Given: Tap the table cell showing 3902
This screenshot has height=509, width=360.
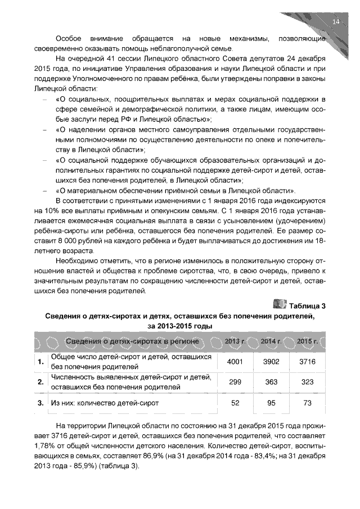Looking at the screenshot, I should coord(271,362).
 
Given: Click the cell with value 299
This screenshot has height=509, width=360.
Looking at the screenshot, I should coord(233,382).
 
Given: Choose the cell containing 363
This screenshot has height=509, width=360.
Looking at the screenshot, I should coord(271,382).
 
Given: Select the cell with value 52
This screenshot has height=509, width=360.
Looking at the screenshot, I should coord(233,403).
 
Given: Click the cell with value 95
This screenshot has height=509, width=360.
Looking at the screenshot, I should coord(271,403).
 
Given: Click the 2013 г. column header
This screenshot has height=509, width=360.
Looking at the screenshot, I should coord(233,341).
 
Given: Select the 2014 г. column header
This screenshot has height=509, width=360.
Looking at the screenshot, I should coord(271,341).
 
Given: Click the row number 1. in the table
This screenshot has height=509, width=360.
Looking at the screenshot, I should coord(40,362).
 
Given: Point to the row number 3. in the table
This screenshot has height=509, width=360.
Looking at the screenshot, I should coord(40,403).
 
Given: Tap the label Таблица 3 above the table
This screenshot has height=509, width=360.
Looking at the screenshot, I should coord(307,306).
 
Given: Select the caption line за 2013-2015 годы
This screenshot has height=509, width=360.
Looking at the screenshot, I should coord(180,326).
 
